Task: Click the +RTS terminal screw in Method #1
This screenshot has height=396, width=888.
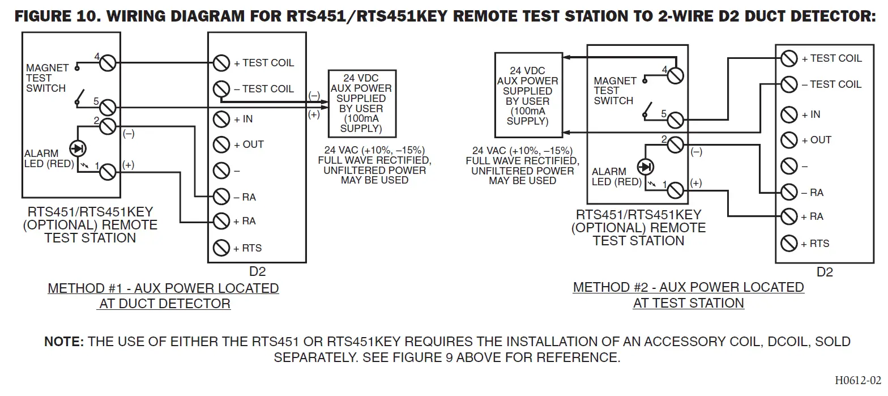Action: point(221,248)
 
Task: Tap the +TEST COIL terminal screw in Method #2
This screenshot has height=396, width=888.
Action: point(789,58)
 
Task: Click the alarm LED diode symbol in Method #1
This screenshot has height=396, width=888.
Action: point(77,148)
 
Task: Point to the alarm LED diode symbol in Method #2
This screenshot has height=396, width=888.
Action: point(645,167)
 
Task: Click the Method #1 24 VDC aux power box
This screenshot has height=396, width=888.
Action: point(361,103)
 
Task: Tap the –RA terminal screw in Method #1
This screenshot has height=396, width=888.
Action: point(221,197)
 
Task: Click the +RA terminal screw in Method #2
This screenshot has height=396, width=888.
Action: point(789,216)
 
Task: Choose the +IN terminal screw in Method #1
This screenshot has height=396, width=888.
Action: point(221,119)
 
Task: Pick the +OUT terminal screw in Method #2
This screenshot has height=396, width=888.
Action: point(789,140)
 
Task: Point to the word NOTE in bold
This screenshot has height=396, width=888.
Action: point(64,342)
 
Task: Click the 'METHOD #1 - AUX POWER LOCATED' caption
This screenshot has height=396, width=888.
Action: point(163,288)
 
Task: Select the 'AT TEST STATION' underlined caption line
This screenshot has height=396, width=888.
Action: point(688,303)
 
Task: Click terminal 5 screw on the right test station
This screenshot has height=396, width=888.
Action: point(675,120)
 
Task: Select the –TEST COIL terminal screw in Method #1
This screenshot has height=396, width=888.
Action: point(221,89)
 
